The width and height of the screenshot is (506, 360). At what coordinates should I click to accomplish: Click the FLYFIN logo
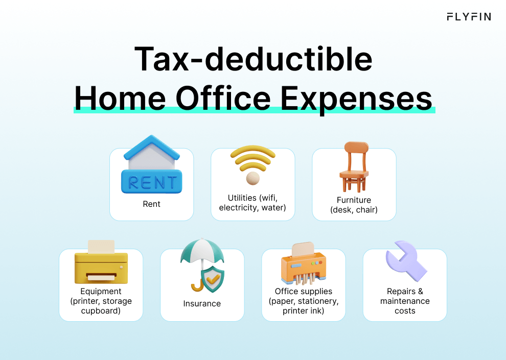(x=468, y=17)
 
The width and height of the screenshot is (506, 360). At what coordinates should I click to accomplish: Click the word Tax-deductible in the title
(x=252, y=60)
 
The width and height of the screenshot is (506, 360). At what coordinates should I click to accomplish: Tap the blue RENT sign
(x=151, y=182)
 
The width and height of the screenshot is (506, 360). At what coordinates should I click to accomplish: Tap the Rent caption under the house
(x=151, y=204)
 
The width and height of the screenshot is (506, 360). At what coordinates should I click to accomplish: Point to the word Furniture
(x=354, y=200)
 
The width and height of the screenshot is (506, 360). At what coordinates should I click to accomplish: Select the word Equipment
(x=101, y=292)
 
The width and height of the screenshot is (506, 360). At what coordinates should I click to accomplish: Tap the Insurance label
(x=202, y=303)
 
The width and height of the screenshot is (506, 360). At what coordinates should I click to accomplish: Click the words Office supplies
(x=303, y=292)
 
